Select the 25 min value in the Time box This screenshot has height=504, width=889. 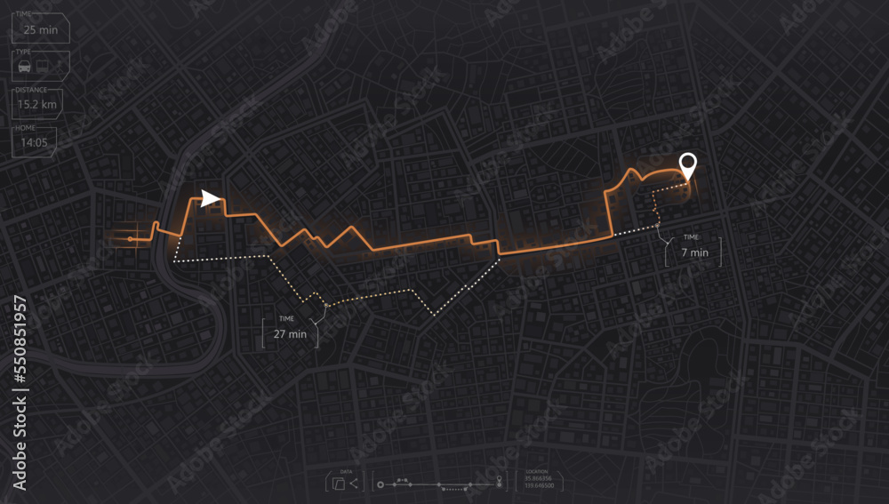click(x=41, y=29)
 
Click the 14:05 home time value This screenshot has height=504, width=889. click(x=35, y=141)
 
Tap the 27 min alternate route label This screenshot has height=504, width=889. click(x=290, y=334)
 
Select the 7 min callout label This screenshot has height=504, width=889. click(x=694, y=252)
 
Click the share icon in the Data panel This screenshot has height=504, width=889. click(x=355, y=484)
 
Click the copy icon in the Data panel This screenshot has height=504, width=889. click(x=339, y=484)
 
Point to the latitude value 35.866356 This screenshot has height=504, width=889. click(x=538, y=478)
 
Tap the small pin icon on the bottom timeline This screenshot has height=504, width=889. click(x=500, y=480)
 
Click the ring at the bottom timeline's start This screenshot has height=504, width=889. click(x=380, y=485)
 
